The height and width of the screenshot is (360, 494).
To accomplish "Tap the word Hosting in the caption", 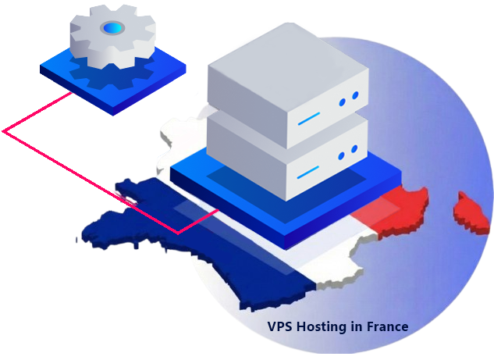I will (x=322, y=326).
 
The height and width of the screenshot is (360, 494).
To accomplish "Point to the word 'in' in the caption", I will (x=356, y=326).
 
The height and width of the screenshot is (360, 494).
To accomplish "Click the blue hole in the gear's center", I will (x=113, y=28).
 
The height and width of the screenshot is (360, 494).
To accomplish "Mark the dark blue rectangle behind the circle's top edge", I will (x=406, y=39).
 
